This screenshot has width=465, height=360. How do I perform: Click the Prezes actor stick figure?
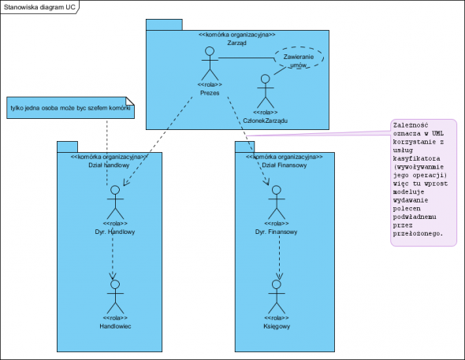pyautogui.click(x=210, y=63)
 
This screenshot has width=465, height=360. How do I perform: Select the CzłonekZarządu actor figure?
pyautogui.click(x=266, y=91)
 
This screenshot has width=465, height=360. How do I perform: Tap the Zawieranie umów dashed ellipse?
pyautogui.click(x=299, y=58)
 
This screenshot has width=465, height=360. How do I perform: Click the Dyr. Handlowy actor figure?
pyautogui.click(x=115, y=202)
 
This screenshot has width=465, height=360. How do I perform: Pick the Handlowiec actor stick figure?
pyautogui.click(x=115, y=297)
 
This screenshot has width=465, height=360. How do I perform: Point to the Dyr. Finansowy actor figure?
pyautogui.click(x=277, y=202)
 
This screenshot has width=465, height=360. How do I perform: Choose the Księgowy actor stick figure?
pyautogui.click(x=277, y=297)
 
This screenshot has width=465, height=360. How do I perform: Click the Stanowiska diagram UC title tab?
pyautogui.click(x=39, y=7)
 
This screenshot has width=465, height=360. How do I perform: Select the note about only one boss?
pyautogui.click(x=71, y=108)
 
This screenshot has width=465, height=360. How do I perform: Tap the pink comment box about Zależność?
pyautogui.click(x=423, y=183)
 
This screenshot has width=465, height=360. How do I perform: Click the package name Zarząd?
pyautogui.click(x=237, y=43)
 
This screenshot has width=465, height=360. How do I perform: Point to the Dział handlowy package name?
pyautogui.click(x=109, y=165)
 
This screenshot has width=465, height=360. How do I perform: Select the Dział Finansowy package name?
pyautogui.click(x=285, y=165)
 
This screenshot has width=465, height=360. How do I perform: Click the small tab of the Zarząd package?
pyautogui.click(x=164, y=24)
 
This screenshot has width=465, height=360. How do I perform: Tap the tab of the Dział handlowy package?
pyautogui.click(x=67, y=147)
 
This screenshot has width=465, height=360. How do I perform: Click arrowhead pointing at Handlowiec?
pyautogui.click(x=113, y=276)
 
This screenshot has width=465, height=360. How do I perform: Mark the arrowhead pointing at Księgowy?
pyautogui.click(x=279, y=276)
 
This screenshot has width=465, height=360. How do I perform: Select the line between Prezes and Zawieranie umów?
pyautogui.click(x=247, y=58)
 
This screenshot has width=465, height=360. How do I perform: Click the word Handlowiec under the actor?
pyautogui.click(x=115, y=326)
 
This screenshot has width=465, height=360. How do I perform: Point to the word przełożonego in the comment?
pyautogui.click(x=418, y=233)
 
